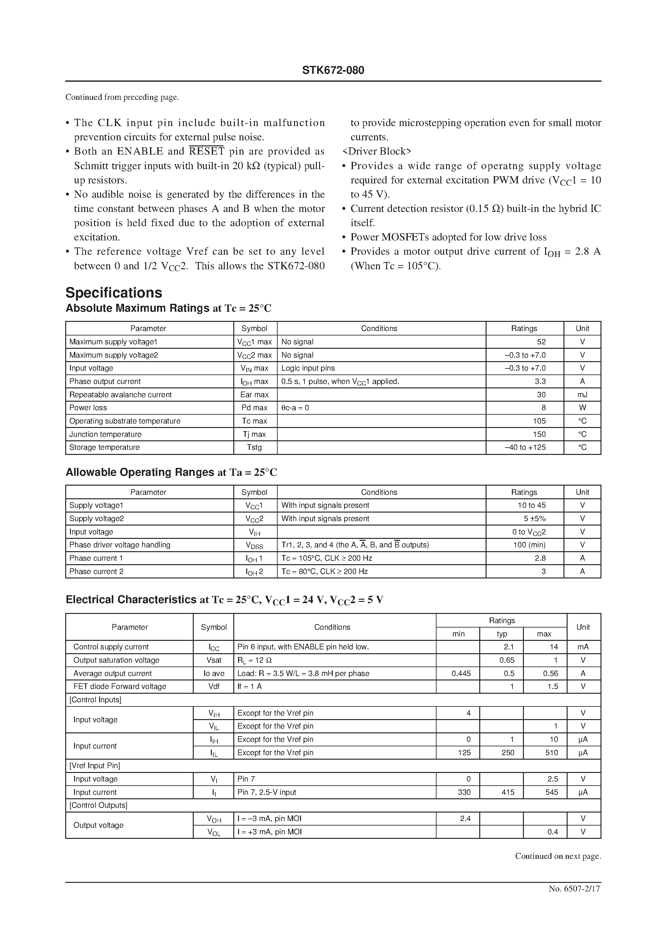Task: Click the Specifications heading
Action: pos(114,292)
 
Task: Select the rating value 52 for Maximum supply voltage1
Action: pos(541,341)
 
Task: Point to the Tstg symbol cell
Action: pos(254,447)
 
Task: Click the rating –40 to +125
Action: pos(525,447)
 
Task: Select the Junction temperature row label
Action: pos(105,434)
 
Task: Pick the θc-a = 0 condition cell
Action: pos(295,408)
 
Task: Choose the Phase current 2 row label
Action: pos(96,571)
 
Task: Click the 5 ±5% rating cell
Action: pos(534,519)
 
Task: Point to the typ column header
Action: pos(501,634)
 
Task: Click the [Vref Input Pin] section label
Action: pos(95,765)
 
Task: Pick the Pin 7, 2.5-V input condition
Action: pos(267,792)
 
